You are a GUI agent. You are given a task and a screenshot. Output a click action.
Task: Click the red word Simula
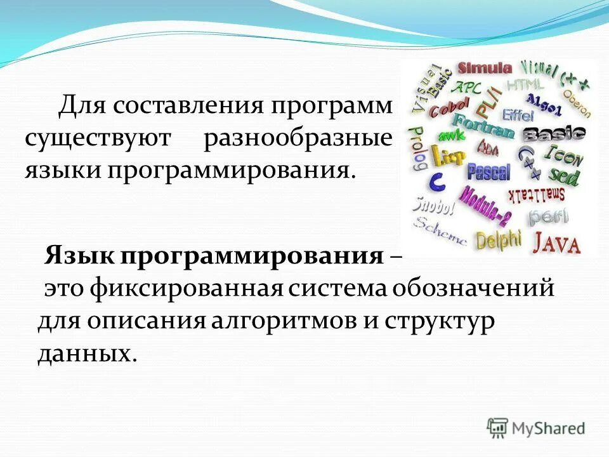click(x=485, y=68)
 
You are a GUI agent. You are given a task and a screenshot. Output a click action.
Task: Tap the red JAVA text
click(x=556, y=242)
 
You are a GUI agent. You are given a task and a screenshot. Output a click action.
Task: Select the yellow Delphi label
click(x=499, y=241)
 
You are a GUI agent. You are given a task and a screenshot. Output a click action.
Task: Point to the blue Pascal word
click(x=488, y=171)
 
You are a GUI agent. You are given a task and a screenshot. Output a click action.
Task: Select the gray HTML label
click(x=525, y=84)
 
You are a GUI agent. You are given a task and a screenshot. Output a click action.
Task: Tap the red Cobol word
click(x=450, y=108)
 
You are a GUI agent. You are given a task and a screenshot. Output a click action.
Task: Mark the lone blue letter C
click(x=436, y=182)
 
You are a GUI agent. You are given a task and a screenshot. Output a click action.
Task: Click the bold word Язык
click(x=76, y=257)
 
